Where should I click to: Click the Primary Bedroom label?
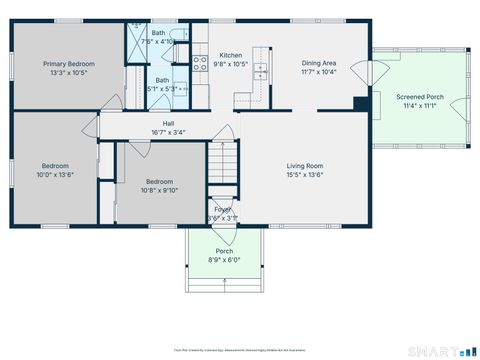(68, 63)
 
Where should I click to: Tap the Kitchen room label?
(231, 55)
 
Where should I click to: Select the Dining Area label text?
(318, 62)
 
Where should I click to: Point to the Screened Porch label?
(420, 97)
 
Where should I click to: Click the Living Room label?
(305, 166)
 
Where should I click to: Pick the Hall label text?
(168, 123)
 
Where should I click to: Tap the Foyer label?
(222, 209)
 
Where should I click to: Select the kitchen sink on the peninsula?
(260, 72)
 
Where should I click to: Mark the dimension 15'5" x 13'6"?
(305, 175)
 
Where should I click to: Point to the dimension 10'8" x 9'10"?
(160, 190)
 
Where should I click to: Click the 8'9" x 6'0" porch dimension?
(225, 260)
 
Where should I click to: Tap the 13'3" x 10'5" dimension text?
(68, 72)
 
